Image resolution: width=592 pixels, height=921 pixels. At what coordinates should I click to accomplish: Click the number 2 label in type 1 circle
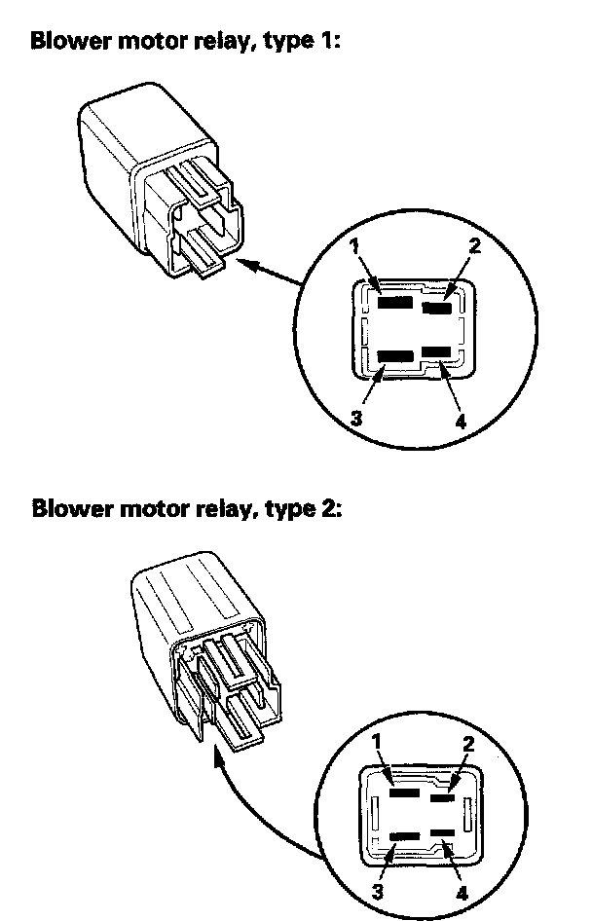point(474,245)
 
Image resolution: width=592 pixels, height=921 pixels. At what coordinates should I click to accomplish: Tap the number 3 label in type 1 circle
point(357,419)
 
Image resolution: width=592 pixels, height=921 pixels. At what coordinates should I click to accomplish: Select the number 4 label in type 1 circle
point(461,423)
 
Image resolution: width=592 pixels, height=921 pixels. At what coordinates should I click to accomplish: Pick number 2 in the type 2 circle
point(469,743)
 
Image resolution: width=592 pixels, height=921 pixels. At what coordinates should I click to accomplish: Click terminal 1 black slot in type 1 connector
point(394,303)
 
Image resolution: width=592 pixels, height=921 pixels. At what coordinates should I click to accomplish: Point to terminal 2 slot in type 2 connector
point(443,797)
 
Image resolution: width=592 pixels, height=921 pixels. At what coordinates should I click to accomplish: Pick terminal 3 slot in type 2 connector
point(403,836)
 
